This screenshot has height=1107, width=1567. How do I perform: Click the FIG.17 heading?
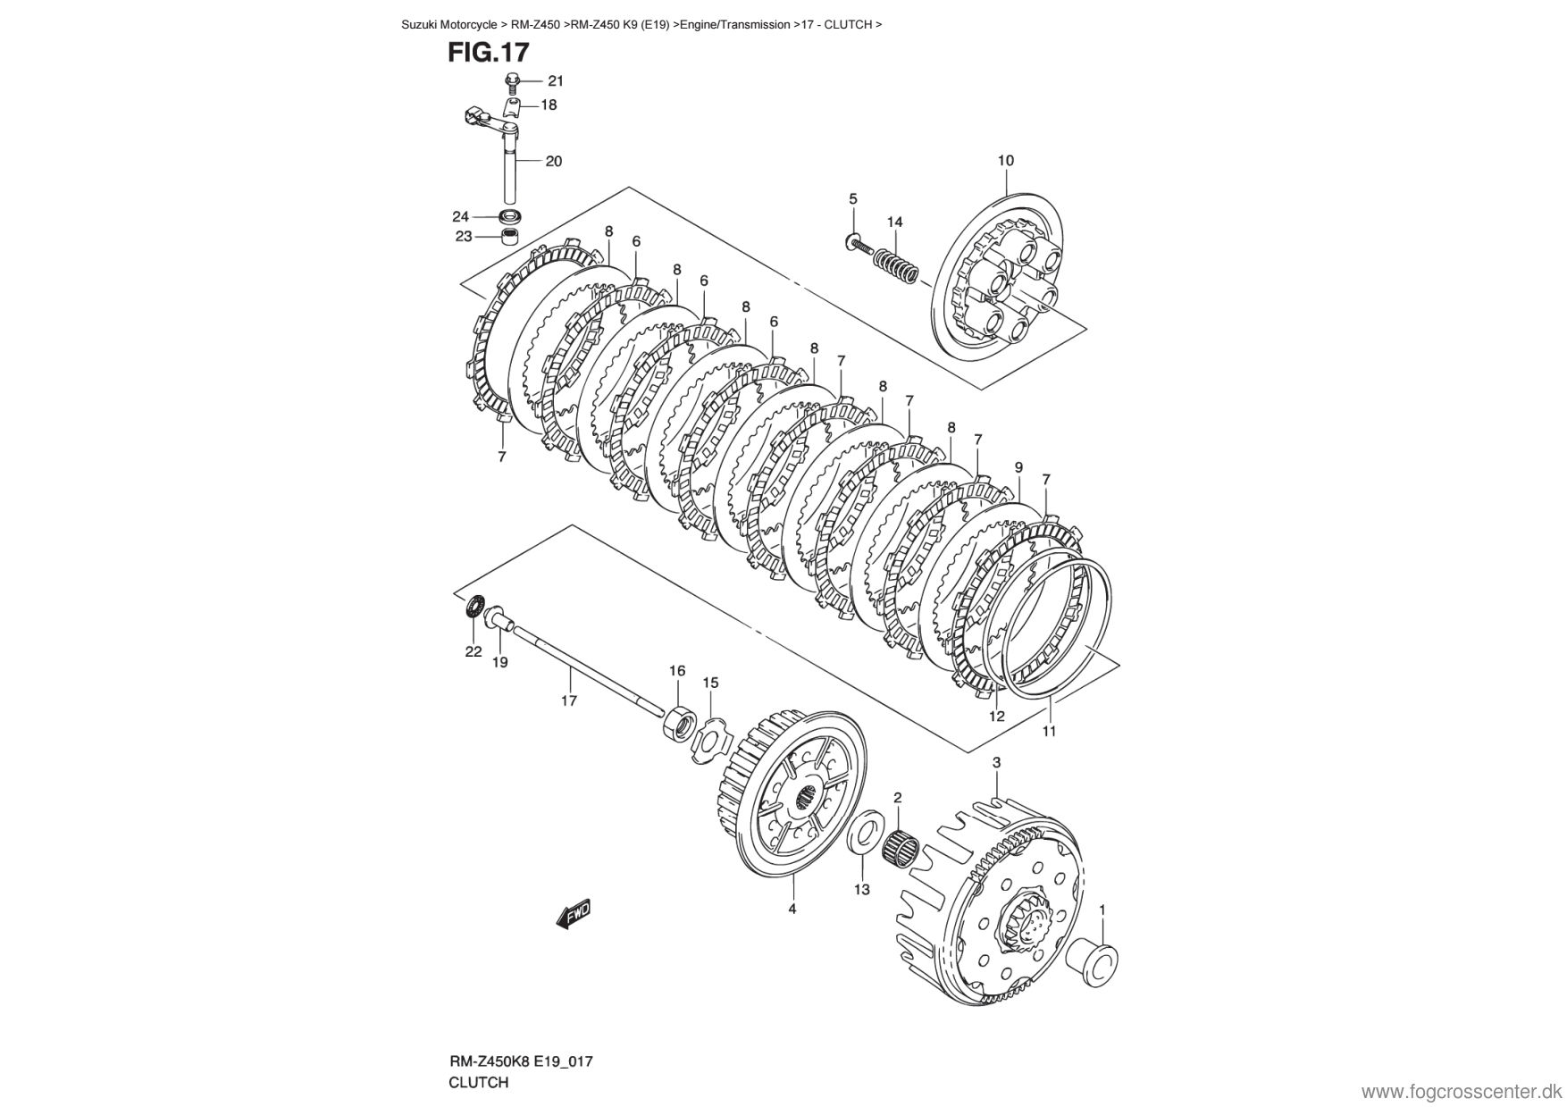[488, 53]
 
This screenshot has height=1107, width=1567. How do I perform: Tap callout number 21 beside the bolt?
[556, 80]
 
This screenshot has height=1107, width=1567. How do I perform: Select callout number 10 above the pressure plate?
[1005, 161]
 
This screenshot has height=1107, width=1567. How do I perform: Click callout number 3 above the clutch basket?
[996, 762]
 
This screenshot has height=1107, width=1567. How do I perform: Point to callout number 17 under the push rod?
[568, 700]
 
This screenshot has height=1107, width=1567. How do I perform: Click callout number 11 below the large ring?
[1049, 731]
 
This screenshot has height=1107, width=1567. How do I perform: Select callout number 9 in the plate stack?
[1018, 467]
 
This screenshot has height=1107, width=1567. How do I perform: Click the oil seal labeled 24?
[510, 216]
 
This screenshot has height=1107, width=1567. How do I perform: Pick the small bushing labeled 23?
[510, 238]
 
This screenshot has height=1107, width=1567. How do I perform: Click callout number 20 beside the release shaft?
[553, 162]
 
